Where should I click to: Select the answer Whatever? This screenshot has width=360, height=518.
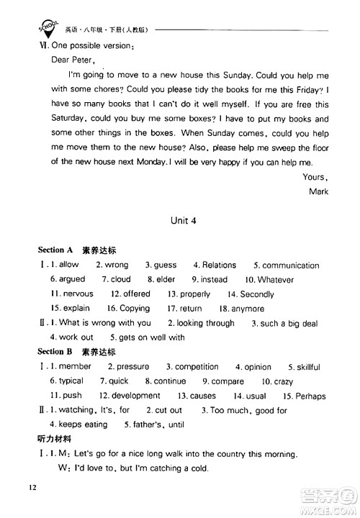(x=275, y=280)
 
